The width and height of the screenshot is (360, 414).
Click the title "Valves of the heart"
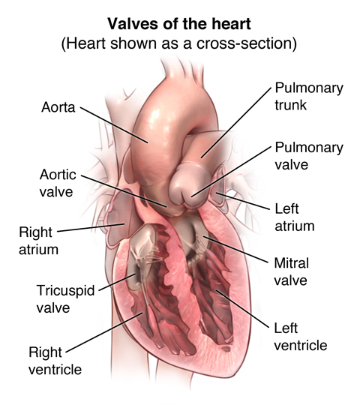[x=179, y=24]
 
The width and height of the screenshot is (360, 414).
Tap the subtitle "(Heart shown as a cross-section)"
[x=179, y=43]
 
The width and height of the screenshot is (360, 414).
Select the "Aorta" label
[x=58, y=107]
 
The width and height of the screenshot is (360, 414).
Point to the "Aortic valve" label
[x=58, y=183]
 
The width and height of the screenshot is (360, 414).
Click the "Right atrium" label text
[x=38, y=241]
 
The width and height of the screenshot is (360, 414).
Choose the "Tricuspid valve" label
[x=65, y=299]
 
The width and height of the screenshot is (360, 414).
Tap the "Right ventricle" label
[x=55, y=361]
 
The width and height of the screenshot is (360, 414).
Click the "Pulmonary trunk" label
[x=309, y=96]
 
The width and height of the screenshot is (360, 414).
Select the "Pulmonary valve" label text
[x=309, y=156]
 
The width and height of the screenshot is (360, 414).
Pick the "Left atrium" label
[x=295, y=217]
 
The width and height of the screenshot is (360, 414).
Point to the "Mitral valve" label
[x=291, y=271]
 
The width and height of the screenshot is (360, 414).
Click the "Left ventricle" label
[x=301, y=337]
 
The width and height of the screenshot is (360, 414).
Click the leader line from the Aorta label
[x=114, y=125]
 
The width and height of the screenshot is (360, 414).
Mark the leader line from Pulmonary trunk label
[x=236, y=123]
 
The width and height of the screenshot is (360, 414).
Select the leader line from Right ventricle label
[x=104, y=333]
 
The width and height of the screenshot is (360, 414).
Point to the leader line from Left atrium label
[x=244, y=202]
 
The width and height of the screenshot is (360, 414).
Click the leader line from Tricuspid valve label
[x=118, y=283]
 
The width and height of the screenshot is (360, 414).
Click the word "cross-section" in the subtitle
[x=247, y=43]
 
